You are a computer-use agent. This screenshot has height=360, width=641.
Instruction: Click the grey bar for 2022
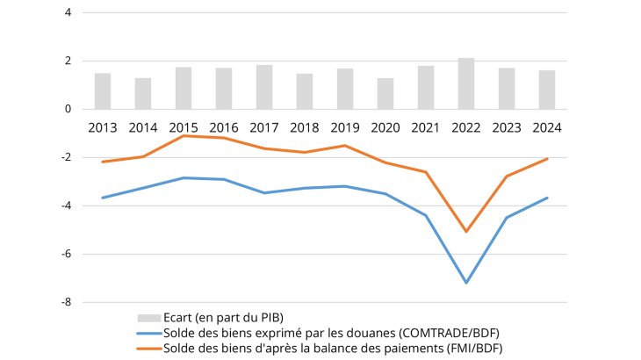coord(466,84)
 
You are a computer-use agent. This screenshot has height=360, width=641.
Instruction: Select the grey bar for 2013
coord(103,91)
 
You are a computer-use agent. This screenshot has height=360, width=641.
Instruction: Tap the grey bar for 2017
coord(264,88)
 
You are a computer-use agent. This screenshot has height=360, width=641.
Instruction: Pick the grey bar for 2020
coord(385,94)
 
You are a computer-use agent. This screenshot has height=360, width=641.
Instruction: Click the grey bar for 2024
coord(546,90)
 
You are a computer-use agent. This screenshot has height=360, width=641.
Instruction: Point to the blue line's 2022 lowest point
coord(466,283)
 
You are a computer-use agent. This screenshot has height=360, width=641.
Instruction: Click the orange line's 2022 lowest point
coord(466,232)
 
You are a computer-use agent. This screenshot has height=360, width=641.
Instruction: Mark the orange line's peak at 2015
coord(184,135)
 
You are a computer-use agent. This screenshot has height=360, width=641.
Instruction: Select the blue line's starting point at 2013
coord(103,198)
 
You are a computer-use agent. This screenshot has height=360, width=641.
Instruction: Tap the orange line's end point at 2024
coord(547,159)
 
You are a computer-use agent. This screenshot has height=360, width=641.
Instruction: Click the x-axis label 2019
coord(345,127)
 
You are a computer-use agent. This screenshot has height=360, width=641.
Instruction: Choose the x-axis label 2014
coord(143,127)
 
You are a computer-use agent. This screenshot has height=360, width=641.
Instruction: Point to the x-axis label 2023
coord(507,127)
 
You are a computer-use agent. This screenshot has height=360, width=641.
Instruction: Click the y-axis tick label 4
coord(68,13)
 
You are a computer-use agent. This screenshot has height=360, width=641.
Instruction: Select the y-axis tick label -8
coord(65,302)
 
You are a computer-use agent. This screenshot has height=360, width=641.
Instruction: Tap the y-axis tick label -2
coord(65,158)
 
